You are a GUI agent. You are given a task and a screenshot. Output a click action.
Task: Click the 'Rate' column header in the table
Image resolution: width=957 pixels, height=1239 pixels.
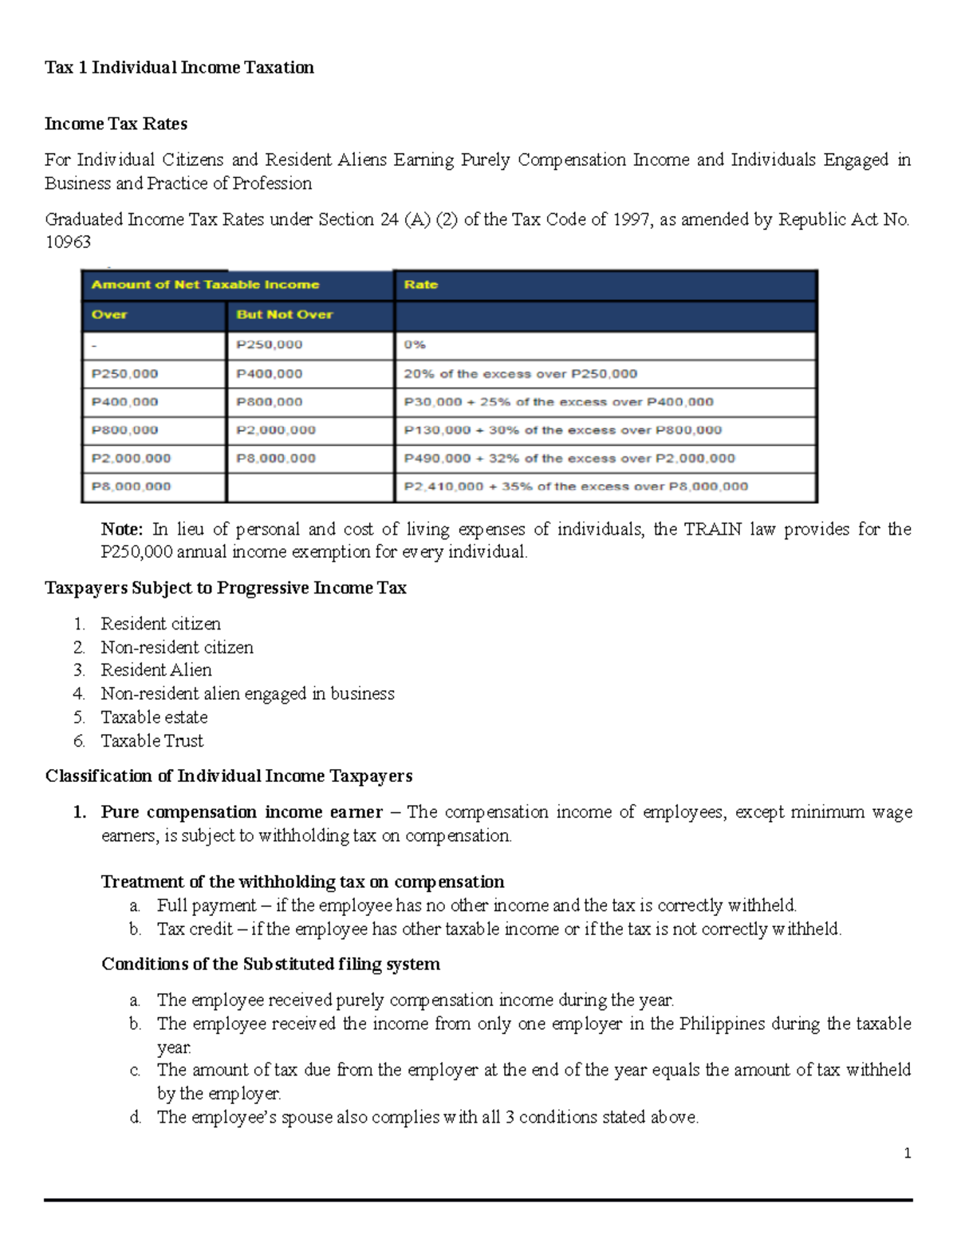tap(421, 285)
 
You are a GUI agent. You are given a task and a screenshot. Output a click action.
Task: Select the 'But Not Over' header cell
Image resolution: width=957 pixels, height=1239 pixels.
tap(284, 314)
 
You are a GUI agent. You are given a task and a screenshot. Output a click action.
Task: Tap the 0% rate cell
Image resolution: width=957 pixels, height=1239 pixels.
tap(415, 345)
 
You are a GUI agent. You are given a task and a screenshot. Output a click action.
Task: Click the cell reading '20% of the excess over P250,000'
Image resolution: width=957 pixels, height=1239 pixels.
tap(520, 373)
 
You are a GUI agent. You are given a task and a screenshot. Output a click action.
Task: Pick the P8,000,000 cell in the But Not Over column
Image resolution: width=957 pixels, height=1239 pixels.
tap(276, 458)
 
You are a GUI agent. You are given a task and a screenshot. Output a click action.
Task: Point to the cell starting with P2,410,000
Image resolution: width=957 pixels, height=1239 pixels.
tap(576, 487)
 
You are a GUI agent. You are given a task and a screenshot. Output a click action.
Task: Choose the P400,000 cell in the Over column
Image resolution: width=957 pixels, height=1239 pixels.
tap(124, 402)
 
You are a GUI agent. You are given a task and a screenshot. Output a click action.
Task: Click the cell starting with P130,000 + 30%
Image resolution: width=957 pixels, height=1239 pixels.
tap(562, 430)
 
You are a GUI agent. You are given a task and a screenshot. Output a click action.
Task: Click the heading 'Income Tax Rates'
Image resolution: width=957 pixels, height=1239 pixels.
tap(116, 124)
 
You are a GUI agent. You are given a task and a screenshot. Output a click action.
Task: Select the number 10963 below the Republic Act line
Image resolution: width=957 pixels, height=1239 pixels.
tap(68, 242)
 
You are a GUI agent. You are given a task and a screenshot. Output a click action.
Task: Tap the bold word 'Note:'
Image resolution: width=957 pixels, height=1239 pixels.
tap(121, 529)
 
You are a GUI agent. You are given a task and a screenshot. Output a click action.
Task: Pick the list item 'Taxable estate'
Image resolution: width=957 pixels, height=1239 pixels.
tap(154, 717)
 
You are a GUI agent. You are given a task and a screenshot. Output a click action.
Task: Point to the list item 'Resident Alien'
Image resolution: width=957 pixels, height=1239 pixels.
tap(156, 670)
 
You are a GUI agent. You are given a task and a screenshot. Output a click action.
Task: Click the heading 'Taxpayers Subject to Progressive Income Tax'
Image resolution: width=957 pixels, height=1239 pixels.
tap(226, 588)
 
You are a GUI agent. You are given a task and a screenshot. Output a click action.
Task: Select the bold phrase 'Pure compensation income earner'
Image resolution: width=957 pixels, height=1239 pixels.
tap(242, 812)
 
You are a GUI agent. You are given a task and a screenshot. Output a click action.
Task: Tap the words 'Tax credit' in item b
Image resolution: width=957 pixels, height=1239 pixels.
tap(195, 929)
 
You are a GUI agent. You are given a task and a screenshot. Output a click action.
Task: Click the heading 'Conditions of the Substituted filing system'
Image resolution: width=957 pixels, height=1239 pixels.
tap(270, 964)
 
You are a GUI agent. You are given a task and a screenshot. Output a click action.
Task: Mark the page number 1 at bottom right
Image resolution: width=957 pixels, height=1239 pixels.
tap(907, 1153)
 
